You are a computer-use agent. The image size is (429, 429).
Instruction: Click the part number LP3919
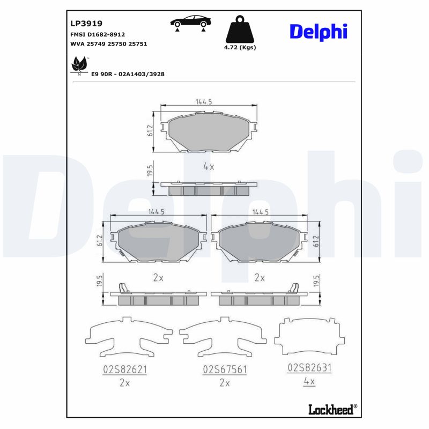pyautogui.click(x=86, y=24)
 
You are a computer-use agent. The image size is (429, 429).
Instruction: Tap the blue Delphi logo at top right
pyautogui.click(x=319, y=31)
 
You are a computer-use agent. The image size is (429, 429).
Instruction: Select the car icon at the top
pyautogui.click(x=190, y=23)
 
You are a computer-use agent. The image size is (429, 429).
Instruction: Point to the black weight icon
pyautogui.click(x=240, y=31)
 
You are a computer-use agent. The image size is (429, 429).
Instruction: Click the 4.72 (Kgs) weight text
pyautogui.click(x=240, y=48)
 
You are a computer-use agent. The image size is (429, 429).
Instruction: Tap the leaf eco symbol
pyautogui.click(x=79, y=65)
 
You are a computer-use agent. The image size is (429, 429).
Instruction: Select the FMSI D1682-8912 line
pyautogui.click(x=98, y=34)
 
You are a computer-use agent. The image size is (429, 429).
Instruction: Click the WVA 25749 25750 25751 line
pyautogui.click(x=108, y=44)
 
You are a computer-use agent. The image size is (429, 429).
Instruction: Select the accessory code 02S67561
pyautogui.click(x=224, y=369)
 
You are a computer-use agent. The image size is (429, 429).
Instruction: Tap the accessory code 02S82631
pyautogui.click(x=309, y=368)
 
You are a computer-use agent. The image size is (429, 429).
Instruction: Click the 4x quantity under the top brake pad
pyautogui.click(x=209, y=167)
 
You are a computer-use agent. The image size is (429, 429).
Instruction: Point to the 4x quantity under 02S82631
pyautogui.click(x=309, y=382)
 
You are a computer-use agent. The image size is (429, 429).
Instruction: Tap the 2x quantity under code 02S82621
pyautogui.click(x=124, y=383)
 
